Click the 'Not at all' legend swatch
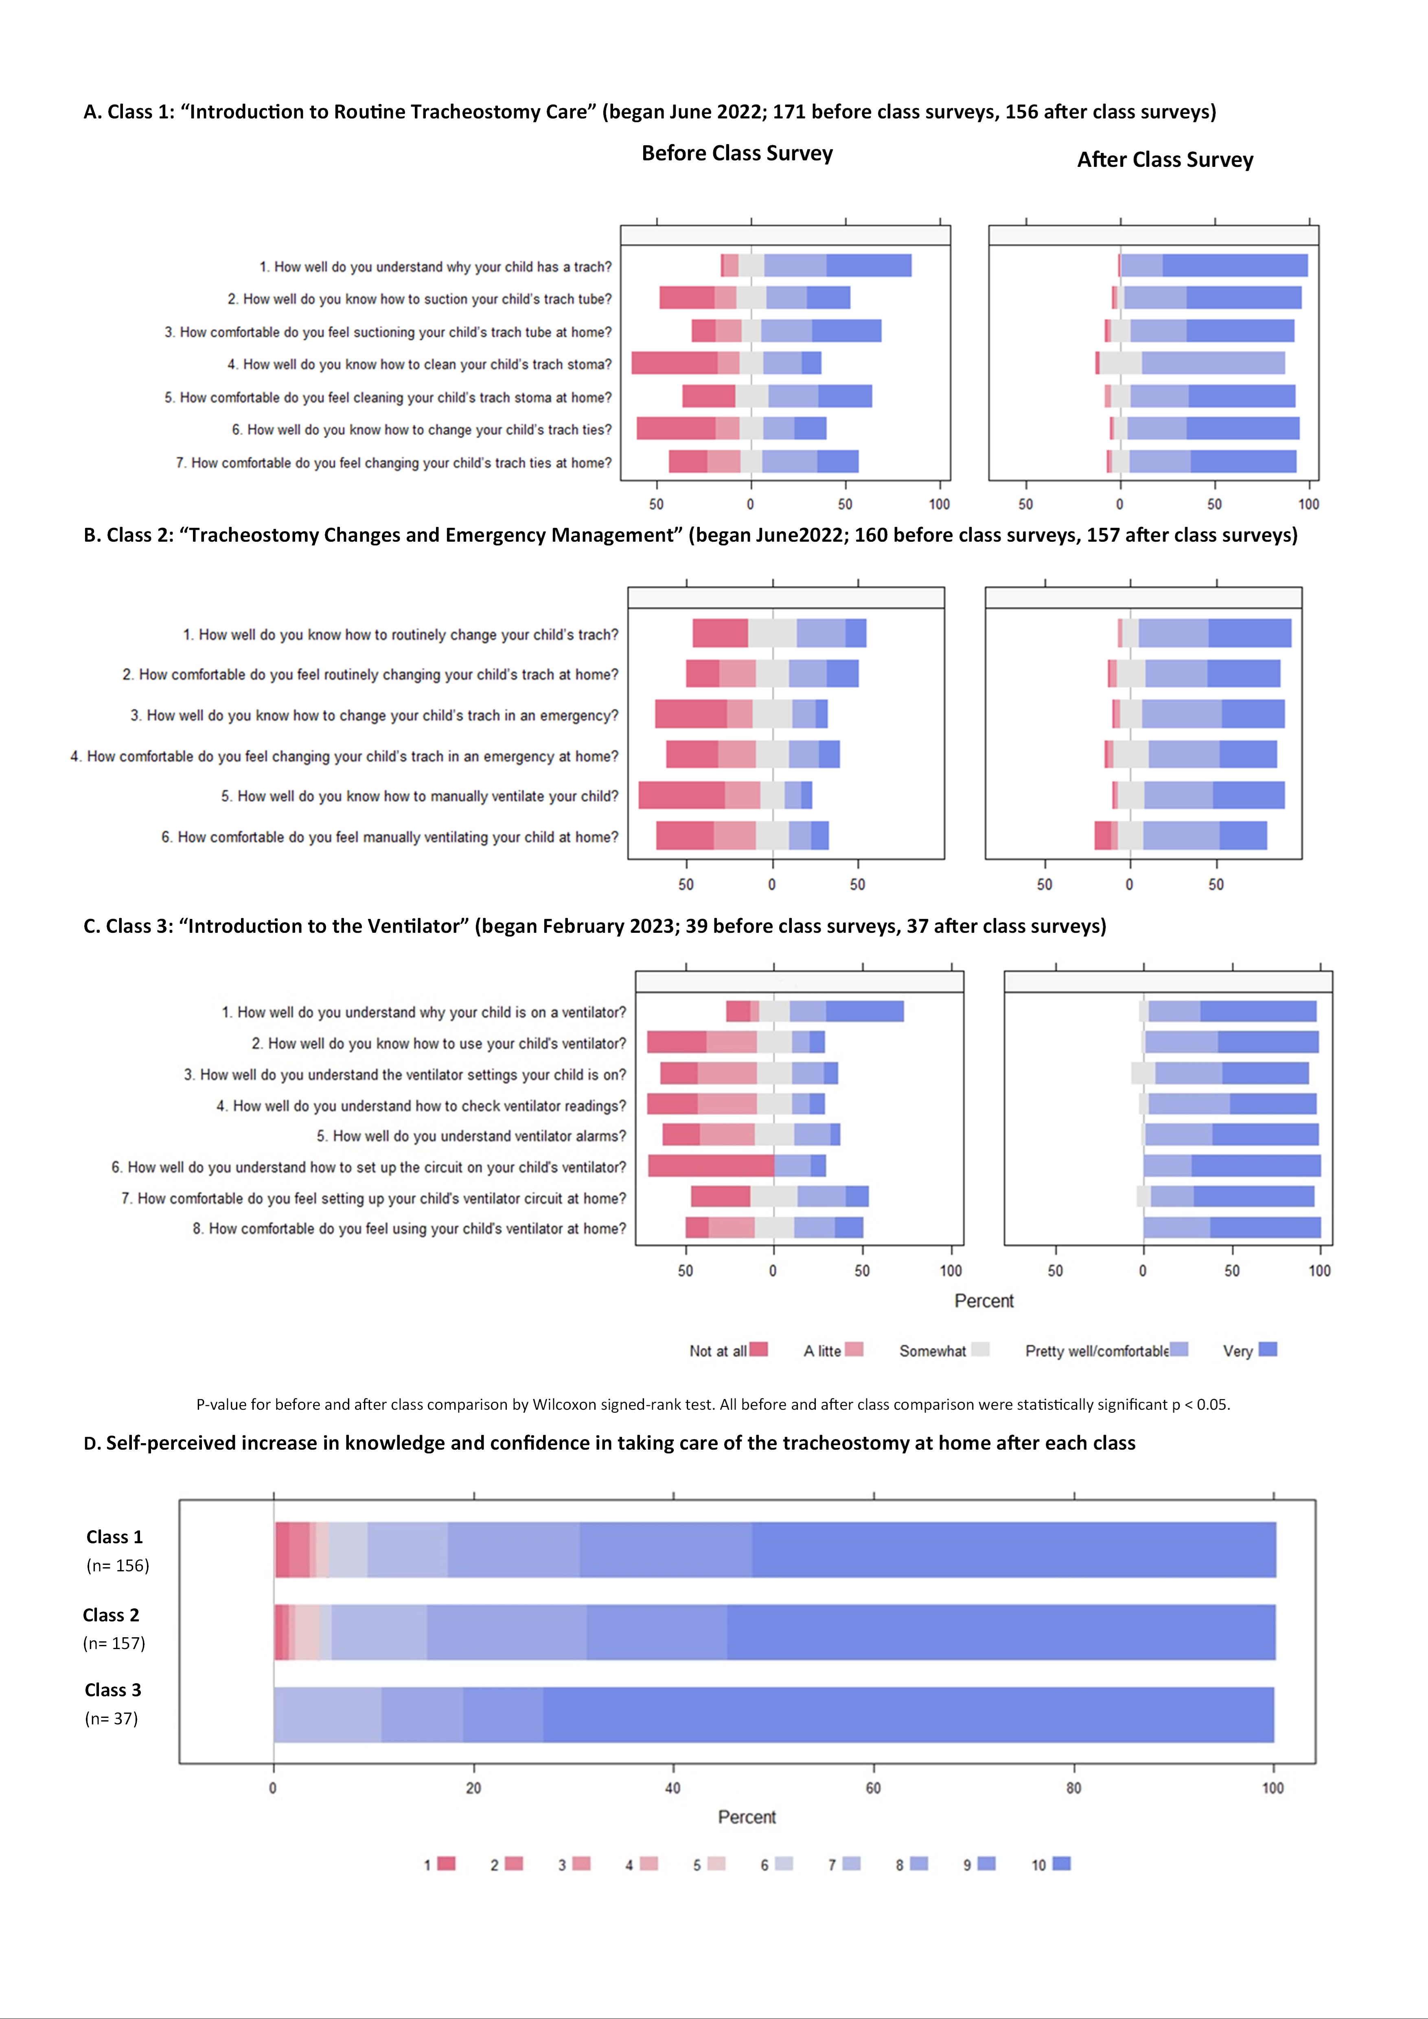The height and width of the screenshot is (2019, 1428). click(x=759, y=1349)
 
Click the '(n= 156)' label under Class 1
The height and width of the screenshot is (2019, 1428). click(x=118, y=1565)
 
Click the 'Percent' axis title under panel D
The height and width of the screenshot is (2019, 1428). click(x=747, y=1817)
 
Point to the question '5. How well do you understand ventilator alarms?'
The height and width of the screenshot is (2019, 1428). click(x=471, y=1136)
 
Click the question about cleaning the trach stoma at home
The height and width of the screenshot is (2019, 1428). click(x=388, y=398)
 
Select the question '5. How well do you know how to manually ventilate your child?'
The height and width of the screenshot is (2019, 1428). click(x=419, y=796)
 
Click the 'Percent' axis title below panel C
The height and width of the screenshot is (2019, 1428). click(x=984, y=1301)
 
